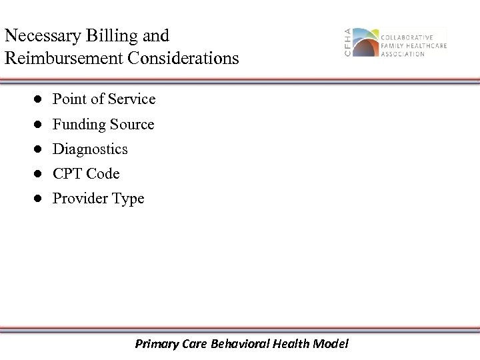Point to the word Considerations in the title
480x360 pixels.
click(x=182, y=59)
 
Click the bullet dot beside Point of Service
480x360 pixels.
click(x=39, y=99)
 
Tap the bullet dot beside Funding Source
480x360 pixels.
click(x=39, y=125)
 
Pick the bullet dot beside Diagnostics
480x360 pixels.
click(x=39, y=149)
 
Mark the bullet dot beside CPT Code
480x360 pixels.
click(x=39, y=174)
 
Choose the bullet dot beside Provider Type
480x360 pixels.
click(x=39, y=199)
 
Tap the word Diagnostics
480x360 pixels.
click(x=90, y=149)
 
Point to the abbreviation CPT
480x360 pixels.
click(x=67, y=174)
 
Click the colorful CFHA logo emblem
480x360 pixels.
click(x=365, y=43)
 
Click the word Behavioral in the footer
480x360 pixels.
click(x=243, y=344)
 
